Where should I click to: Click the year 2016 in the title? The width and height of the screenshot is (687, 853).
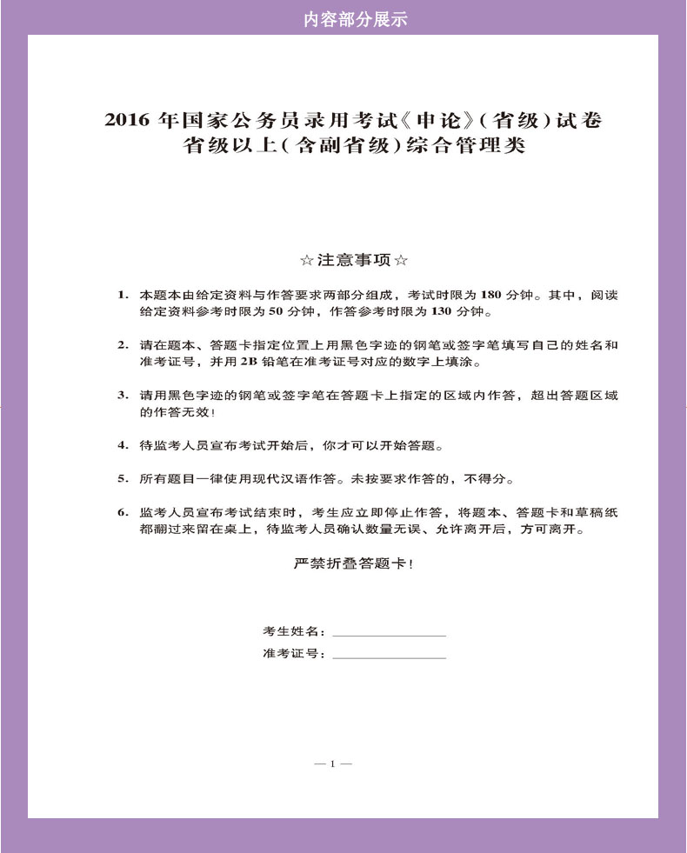(127, 120)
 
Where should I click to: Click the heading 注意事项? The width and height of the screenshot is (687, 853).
(353, 259)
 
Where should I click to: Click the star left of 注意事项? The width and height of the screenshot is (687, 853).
(305, 259)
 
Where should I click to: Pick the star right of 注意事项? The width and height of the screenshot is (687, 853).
(401, 259)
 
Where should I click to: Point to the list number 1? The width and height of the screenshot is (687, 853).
(123, 295)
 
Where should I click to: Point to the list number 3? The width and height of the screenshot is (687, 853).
(123, 396)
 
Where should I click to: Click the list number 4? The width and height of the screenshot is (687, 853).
(123, 446)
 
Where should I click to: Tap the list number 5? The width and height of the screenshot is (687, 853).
(123, 478)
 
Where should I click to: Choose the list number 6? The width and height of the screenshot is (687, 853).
(123, 512)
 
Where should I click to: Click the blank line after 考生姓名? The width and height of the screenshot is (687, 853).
(389, 632)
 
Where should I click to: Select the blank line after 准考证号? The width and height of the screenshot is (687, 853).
(389, 654)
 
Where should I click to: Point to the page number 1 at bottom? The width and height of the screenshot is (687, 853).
(332, 763)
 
